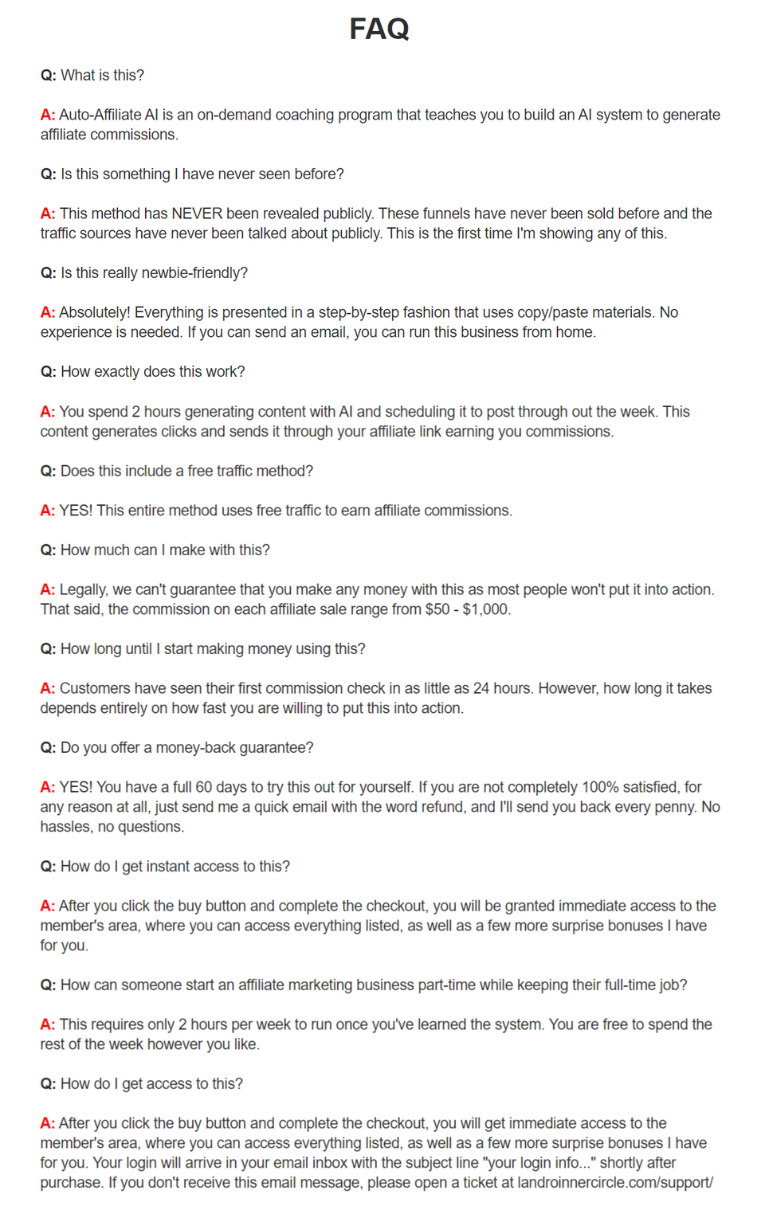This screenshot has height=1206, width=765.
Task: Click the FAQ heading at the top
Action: pyautogui.click(x=379, y=29)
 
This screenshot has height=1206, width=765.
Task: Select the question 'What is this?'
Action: pyautogui.click(x=102, y=75)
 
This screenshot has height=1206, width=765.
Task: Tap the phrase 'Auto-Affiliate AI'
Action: pyautogui.click(x=108, y=115)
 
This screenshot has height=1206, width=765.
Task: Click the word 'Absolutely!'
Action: pyautogui.click(x=95, y=312)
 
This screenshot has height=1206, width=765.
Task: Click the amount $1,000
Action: pyautogui.click(x=486, y=609)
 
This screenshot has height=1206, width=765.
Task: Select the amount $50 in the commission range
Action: pyautogui.click(x=437, y=609)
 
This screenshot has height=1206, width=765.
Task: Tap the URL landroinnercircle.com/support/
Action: pyautogui.click(x=615, y=1182)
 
